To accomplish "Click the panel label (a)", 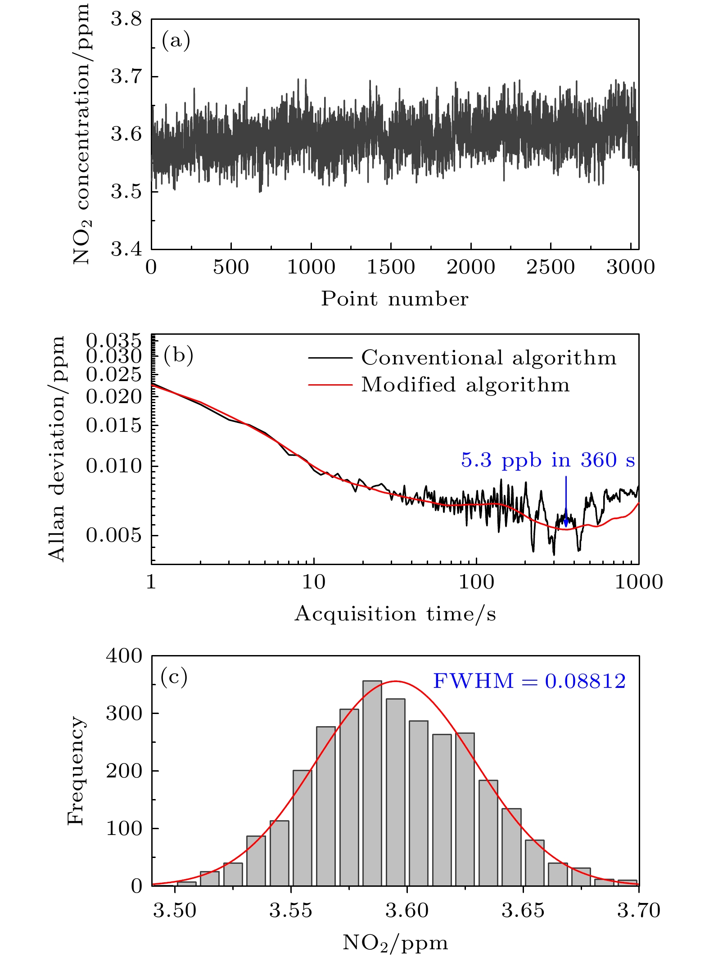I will point(176,41).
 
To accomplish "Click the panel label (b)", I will point(178,355).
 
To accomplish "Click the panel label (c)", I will point(174,677).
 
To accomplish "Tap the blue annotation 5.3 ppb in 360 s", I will point(547,460).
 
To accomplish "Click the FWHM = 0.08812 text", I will point(529,681).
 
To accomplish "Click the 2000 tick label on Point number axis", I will point(470,267).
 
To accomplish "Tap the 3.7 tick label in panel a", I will point(126,76).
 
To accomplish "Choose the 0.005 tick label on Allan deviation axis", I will point(113,535).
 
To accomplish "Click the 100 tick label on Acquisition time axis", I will point(476,582).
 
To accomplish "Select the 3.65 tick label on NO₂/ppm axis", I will point(523,910).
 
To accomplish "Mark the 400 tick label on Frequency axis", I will point(124,656).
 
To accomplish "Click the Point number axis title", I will point(395,299).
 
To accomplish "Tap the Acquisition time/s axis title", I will point(395,614).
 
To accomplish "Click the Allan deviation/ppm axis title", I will point(57,449).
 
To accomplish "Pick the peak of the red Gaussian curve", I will point(395,681).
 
